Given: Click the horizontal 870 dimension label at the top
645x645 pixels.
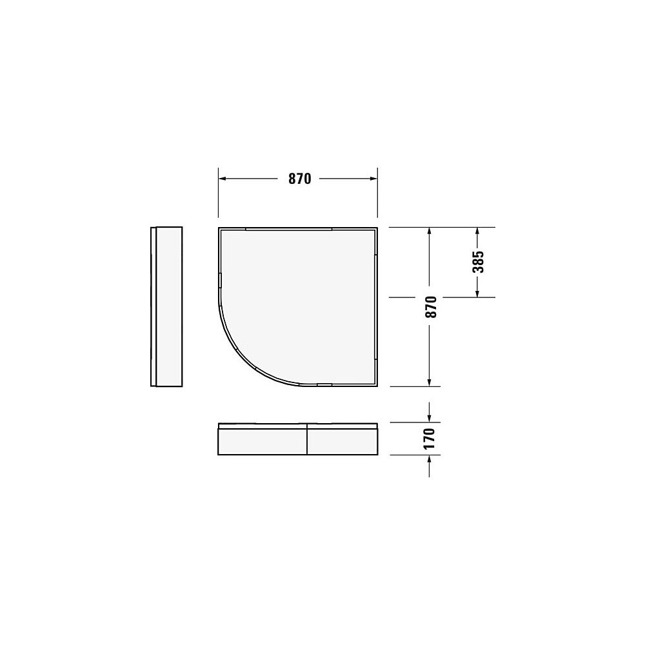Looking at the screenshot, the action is point(299,179).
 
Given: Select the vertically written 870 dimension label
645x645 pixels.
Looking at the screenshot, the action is point(430,306).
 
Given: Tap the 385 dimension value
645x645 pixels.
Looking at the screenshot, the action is point(478,262).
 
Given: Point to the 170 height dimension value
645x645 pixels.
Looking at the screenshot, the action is point(429,439).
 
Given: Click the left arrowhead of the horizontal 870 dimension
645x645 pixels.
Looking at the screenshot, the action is point(222,179).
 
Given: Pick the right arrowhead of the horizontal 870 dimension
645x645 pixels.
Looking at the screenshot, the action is point(373,179).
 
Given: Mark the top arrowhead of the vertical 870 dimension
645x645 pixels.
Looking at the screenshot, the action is point(429,231).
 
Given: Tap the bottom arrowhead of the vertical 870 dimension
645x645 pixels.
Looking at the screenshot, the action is point(429,382).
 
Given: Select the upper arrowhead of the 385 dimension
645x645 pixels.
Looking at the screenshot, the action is point(477,231).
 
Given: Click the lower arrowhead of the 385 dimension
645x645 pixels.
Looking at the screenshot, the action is point(477,293).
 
